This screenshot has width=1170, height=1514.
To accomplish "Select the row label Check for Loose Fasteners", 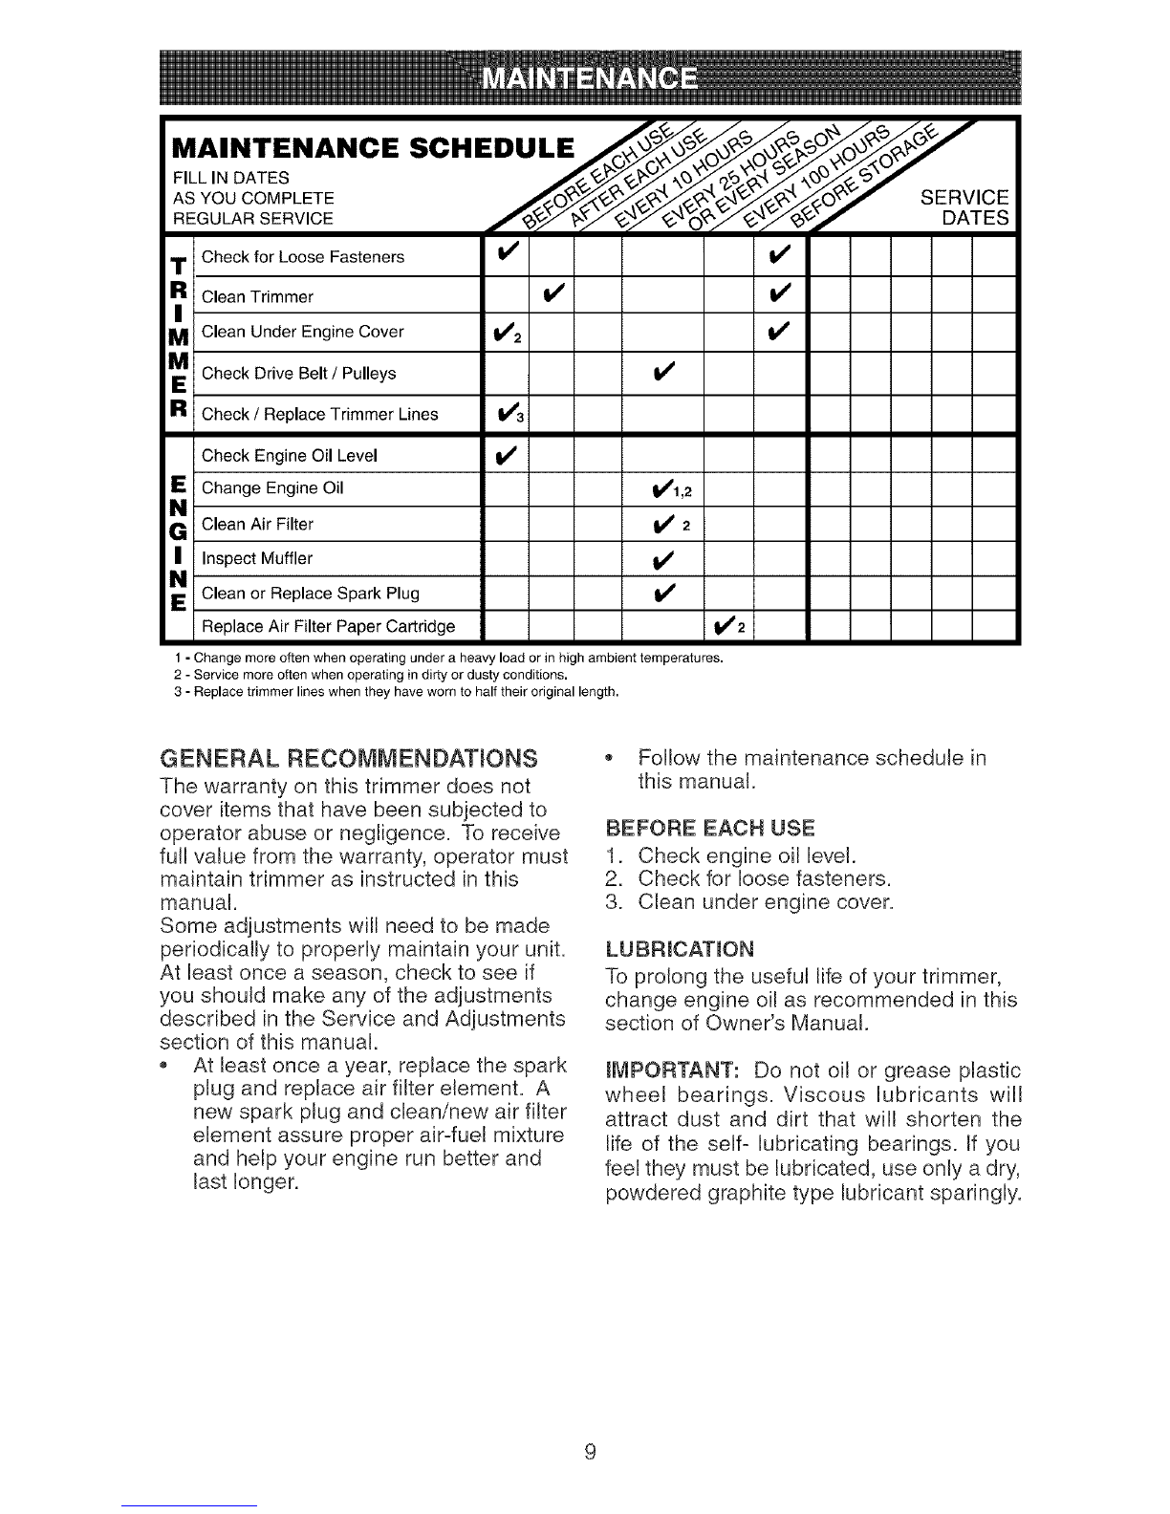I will point(303,257).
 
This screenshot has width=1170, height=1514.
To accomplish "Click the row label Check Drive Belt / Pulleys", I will point(298,373).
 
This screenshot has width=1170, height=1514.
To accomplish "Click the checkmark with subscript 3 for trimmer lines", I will point(505,414).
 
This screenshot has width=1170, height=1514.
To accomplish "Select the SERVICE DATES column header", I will point(964,207).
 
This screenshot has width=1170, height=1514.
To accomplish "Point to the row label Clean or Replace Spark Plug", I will point(311,594).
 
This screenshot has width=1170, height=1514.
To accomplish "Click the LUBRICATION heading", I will point(680,950).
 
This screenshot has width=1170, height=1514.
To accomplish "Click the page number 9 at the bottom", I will point(590,1453).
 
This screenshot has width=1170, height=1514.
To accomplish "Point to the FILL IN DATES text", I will point(231,178).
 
